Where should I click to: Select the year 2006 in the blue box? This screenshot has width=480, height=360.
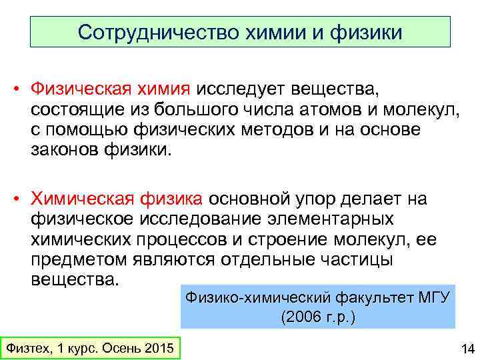(297, 317)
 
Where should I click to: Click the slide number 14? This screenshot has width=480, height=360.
(466, 348)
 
